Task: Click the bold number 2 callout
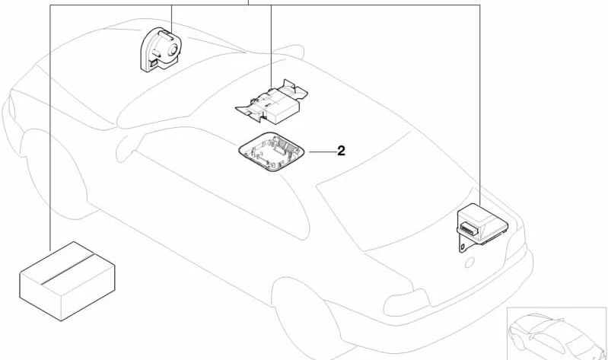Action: point(341,151)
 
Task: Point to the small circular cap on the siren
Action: point(174,50)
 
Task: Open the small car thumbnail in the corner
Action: point(555,332)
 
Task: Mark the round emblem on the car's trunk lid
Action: point(470,263)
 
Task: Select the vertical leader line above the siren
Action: point(172,15)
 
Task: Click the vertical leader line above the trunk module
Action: point(480,99)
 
